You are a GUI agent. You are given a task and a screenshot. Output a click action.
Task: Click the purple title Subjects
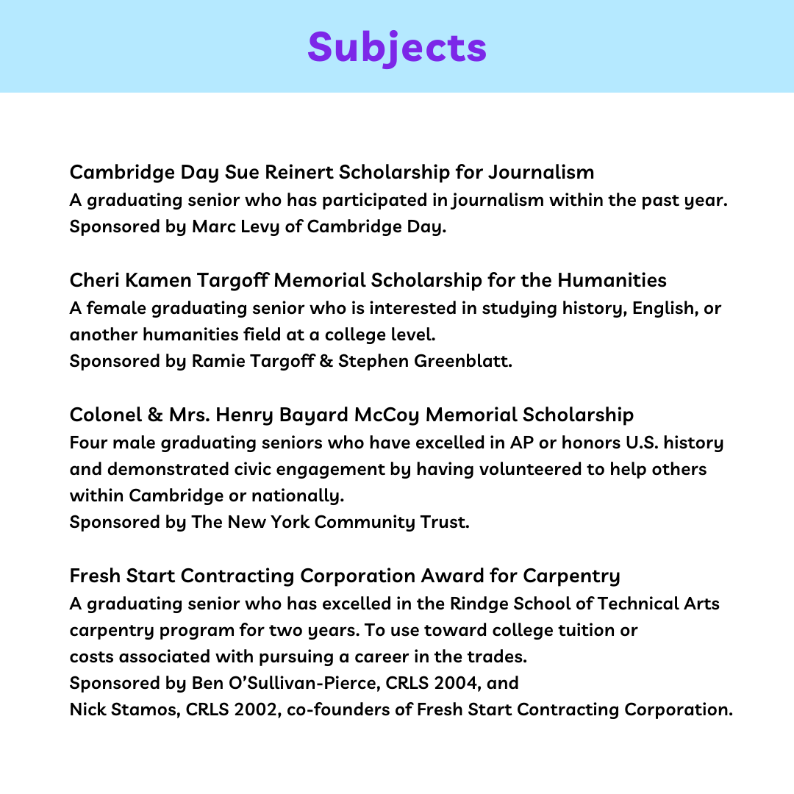(x=397, y=47)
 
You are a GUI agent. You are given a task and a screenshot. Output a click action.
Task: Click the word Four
(x=87, y=443)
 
